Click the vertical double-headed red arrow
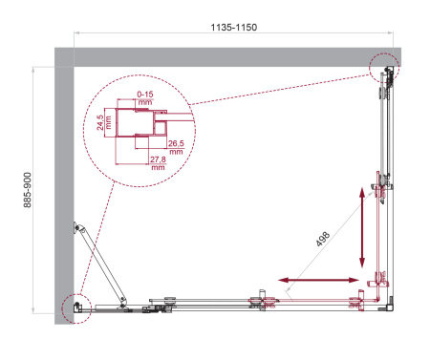[361, 227]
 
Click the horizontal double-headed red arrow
[321, 280]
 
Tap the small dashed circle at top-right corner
[386, 68]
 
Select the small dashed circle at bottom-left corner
[73, 306]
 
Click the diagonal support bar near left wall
[101, 267]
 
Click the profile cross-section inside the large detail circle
[134, 124]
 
